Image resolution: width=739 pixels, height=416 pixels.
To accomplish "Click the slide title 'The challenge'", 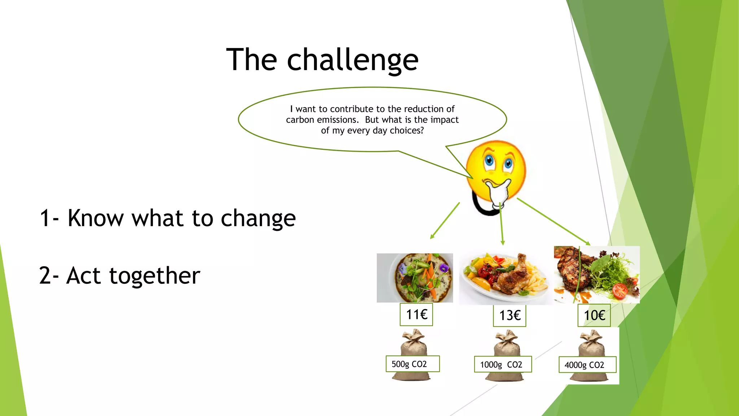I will click(322, 60).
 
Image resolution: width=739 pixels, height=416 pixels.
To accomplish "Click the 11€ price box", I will click(416, 315).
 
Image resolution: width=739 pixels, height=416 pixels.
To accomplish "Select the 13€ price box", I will click(510, 316).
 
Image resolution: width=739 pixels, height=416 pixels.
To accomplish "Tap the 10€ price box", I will click(594, 315).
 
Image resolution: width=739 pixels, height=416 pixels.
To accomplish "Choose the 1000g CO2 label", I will click(503, 365).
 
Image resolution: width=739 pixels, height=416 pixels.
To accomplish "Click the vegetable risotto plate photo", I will click(415, 278).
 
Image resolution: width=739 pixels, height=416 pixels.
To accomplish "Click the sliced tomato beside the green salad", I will click(620, 291).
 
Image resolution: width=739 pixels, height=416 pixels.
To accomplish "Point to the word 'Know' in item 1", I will click(96, 218).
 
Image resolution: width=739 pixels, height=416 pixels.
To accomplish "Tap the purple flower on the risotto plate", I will click(444, 268).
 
